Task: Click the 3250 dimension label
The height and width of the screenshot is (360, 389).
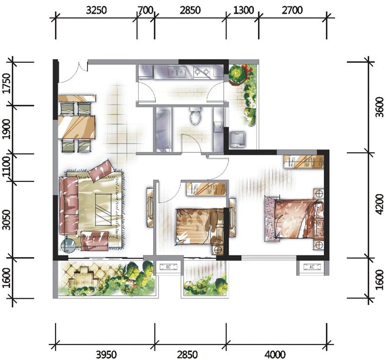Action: click(x=96, y=10)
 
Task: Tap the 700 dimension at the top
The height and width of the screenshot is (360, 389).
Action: click(x=145, y=10)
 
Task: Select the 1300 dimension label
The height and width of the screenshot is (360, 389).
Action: click(x=244, y=10)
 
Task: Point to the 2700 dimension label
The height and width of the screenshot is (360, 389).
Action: click(x=292, y=10)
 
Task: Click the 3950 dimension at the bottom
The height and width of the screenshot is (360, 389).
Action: click(x=106, y=354)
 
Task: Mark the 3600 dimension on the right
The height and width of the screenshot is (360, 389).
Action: click(x=380, y=107)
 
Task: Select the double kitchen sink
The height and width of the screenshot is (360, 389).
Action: click(x=177, y=72)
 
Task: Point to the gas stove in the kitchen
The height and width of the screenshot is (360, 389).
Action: click(x=202, y=72)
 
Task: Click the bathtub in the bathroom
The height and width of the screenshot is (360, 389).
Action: click(x=163, y=129)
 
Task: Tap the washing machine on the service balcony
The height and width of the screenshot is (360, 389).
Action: click(x=237, y=139)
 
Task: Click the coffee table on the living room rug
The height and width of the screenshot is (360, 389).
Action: click(x=103, y=209)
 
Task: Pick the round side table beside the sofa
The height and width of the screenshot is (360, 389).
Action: click(x=68, y=246)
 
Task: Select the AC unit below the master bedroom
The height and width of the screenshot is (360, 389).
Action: click(x=312, y=267)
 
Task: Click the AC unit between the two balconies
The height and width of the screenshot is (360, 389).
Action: click(x=168, y=267)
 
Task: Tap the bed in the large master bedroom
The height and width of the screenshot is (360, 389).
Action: click(x=294, y=218)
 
